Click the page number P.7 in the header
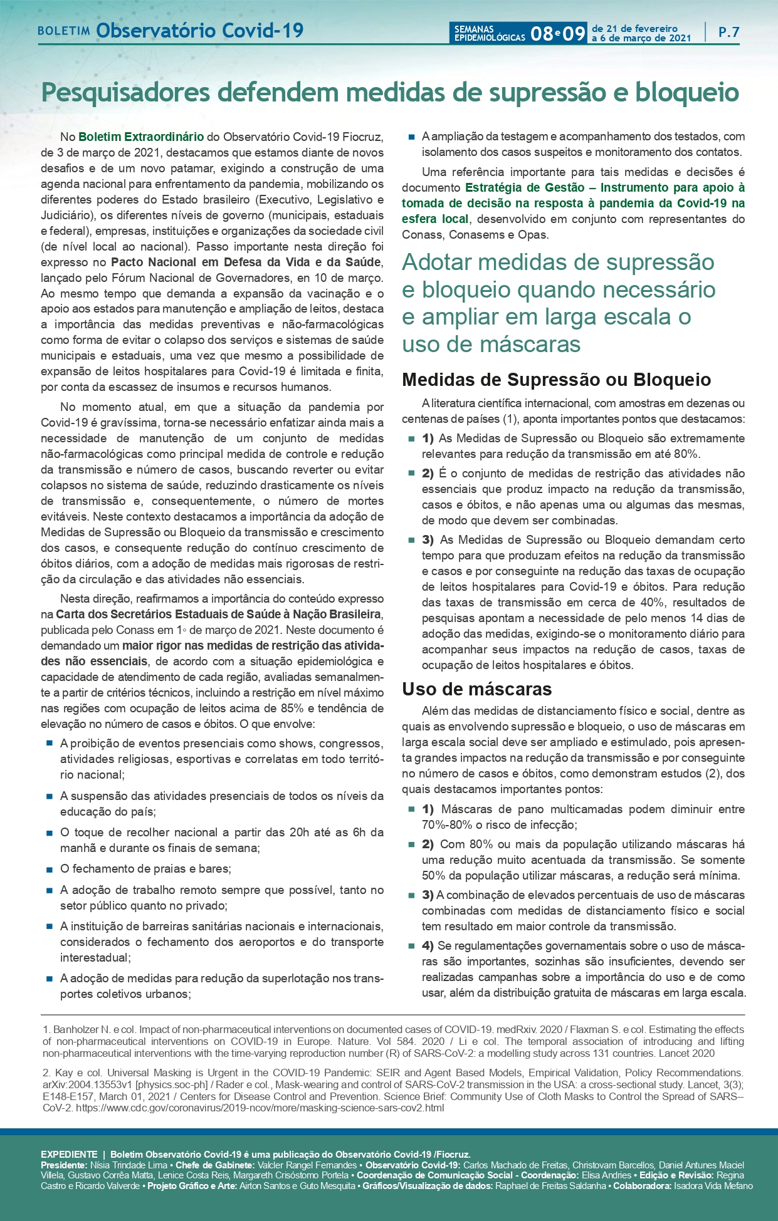[728, 32]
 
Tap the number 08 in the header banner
[541, 33]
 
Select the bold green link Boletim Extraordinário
[141, 137]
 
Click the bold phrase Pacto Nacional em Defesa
[186, 262]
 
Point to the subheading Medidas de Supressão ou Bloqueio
[556, 380]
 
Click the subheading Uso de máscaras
[476, 689]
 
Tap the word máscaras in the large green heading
[535, 344]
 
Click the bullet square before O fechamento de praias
[49, 869]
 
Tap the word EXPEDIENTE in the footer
[69, 1154]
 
